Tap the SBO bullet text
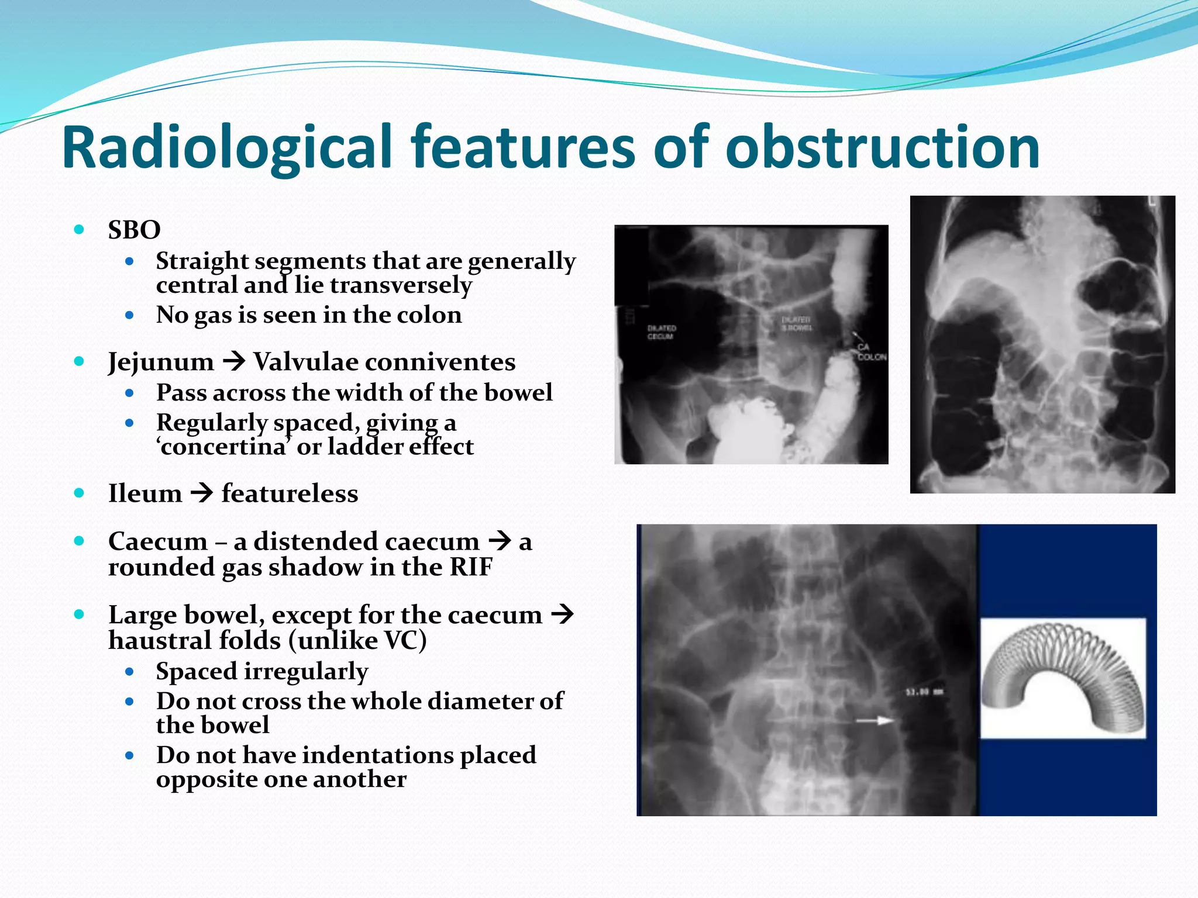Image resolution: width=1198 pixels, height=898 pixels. click(134, 230)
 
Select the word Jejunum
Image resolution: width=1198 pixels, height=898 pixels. click(161, 362)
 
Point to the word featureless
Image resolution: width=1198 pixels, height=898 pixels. click(290, 493)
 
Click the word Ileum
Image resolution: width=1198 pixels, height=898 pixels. click(145, 493)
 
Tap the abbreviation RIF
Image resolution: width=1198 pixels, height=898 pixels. click(470, 567)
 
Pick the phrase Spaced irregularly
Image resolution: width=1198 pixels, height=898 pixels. click(262, 671)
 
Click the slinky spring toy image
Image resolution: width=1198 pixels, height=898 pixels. click(1062, 678)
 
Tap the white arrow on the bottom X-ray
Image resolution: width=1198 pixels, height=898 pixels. click(875, 720)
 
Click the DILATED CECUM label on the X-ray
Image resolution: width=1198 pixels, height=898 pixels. click(662, 332)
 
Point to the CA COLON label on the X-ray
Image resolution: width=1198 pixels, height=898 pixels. click(871, 353)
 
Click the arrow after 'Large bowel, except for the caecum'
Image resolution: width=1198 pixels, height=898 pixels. click(562, 614)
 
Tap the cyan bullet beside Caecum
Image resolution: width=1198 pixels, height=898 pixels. click(80, 541)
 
